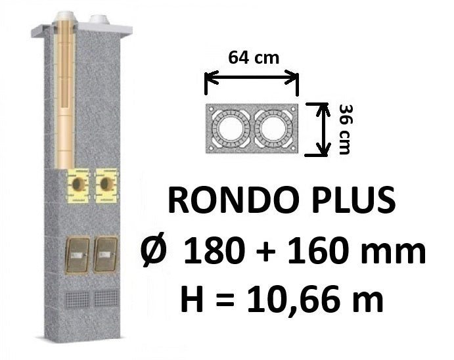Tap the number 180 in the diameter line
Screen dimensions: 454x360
[214, 250]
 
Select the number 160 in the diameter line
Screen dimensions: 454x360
[317, 250]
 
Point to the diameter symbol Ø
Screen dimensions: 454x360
[154, 250]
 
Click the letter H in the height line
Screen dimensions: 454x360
[192, 298]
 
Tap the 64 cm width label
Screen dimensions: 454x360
[254, 57]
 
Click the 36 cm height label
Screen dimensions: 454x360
[345, 129]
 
